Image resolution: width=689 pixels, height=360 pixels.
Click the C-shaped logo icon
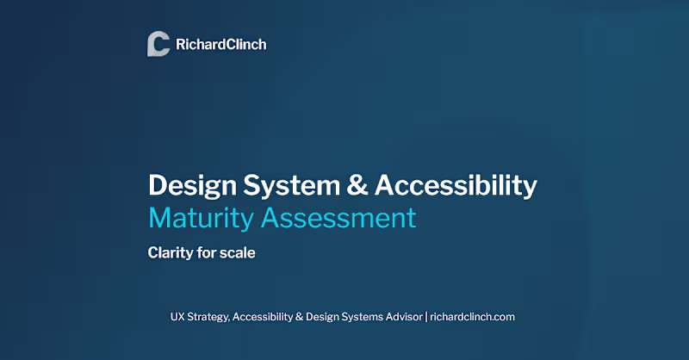pos(158,44)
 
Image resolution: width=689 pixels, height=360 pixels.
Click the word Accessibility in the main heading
pos(456,185)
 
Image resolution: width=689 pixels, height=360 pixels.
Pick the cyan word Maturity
pos(201,218)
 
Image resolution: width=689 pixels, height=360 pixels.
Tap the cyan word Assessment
pos(338,218)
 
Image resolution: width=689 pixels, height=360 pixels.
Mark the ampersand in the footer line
pos(321,316)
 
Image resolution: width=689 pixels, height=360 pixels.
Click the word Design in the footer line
pos(345,317)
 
